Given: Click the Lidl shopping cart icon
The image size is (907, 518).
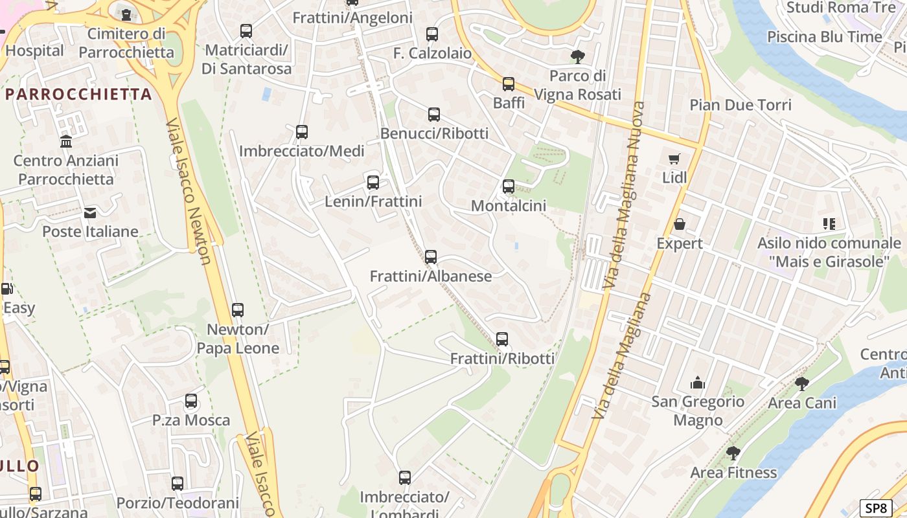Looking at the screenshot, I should [x=674, y=159].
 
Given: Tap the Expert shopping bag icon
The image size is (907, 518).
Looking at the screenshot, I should [x=679, y=224].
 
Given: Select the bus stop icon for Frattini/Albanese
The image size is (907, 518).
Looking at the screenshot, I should [x=431, y=257].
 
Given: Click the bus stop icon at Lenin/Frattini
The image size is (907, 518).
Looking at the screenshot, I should [x=373, y=183].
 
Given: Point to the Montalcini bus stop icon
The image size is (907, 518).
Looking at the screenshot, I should [x=509, y=186].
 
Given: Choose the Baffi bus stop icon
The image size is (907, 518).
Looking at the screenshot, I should [x=509, y=84].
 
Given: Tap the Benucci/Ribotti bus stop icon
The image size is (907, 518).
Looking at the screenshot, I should [x=434, y=115].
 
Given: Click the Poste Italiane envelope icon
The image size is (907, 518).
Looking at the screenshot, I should [x=90, y=212].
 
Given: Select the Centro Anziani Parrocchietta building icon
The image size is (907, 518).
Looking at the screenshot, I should [x=65, y=141].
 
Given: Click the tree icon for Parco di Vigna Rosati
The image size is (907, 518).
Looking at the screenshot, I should [x=577, y=56].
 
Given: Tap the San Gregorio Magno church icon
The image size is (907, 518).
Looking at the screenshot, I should [x=697, y=383].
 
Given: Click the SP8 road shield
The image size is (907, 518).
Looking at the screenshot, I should [x=875, y=508].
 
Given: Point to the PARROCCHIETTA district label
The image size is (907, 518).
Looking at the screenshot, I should [x=78, y=95].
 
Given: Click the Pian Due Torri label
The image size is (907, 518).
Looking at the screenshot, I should [x=741, y=105].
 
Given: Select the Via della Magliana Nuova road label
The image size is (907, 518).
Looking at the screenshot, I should [x=626, y=194].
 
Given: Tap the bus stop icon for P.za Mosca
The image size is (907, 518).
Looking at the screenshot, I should [x=191, y=401].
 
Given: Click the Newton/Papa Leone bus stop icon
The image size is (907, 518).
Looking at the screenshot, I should [x=238, y=310].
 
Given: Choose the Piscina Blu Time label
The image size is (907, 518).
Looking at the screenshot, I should [x=824, y=37].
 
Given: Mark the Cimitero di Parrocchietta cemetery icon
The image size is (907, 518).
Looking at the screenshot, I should [x=126, y=14].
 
